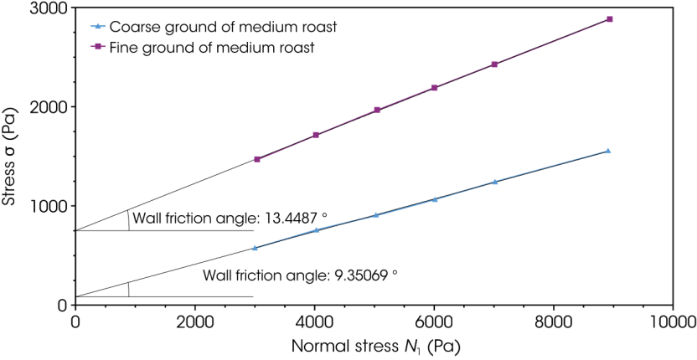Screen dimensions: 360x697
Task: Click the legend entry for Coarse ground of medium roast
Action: [223, 27]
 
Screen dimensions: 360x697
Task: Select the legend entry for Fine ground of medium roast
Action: [212, 48]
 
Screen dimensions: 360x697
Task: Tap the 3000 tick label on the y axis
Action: [50, 8]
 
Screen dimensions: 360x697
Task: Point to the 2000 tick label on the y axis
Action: [50, 107]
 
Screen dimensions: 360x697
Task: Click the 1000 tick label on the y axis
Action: [50, 206]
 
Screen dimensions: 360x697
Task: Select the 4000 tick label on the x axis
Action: [314, 321]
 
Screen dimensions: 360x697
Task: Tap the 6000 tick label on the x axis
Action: [434, 321]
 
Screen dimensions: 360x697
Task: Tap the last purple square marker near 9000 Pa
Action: [609, 18]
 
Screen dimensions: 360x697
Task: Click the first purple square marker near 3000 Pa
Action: [257, 159]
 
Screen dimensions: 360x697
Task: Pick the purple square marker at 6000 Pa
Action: [435, 88]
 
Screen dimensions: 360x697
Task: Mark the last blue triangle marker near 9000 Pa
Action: [607, 151]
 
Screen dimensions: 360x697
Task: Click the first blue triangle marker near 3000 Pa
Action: [255, 248]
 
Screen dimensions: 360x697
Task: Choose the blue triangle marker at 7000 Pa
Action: [494, 182]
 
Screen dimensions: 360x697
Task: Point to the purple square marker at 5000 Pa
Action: [377, 110]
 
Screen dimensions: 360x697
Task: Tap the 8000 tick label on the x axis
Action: [554, 321]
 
